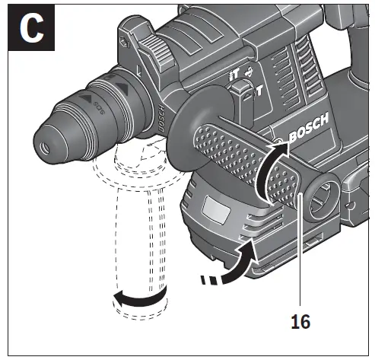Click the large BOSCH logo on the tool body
click(307, 131)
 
